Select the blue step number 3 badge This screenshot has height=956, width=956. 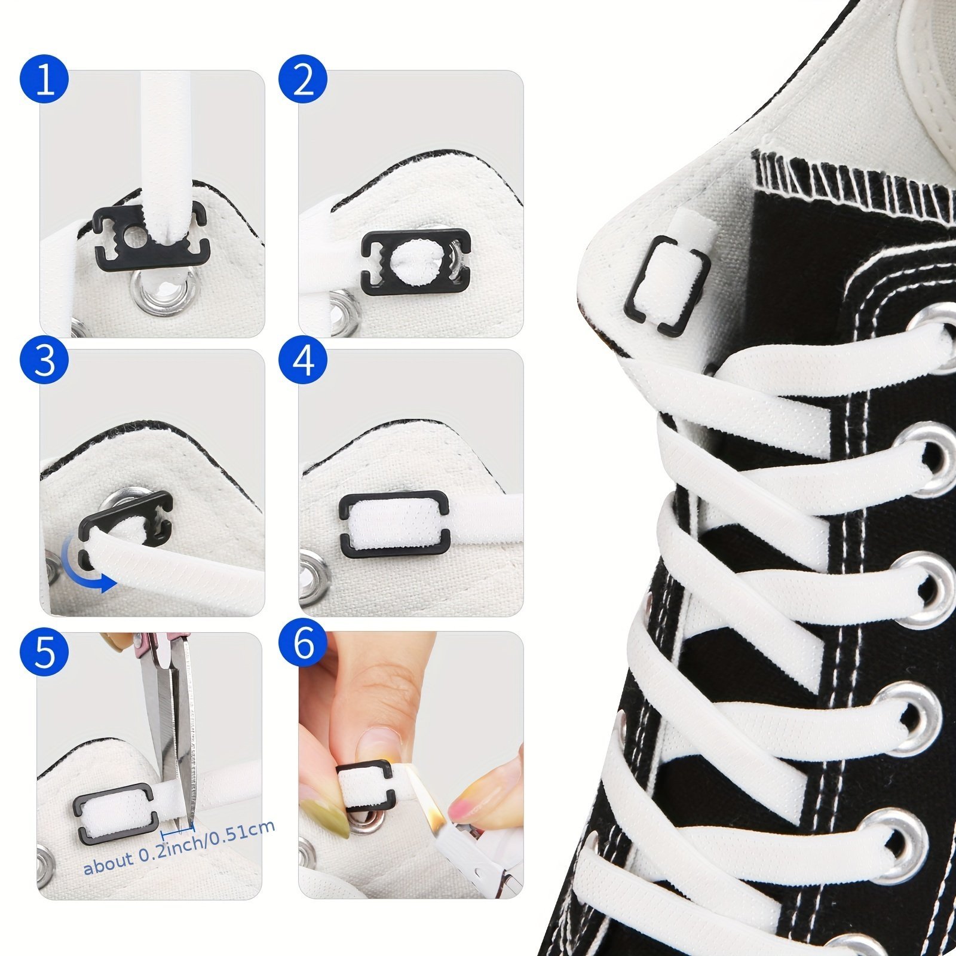point(44,360)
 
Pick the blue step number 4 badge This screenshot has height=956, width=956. point(304,360)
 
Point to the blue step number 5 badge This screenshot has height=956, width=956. point(44,651)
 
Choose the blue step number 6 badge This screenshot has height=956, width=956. point(304,644)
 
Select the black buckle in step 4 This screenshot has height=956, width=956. point(394,524)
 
